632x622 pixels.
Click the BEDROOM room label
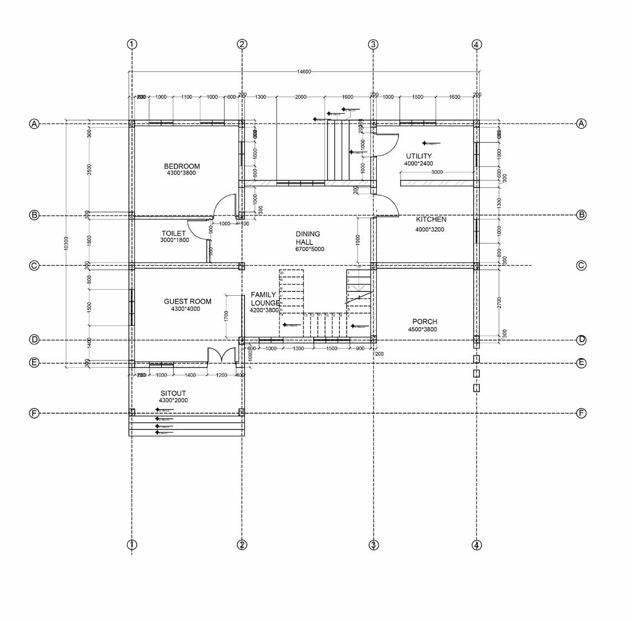click(x=182, y=166)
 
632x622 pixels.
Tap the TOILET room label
click(x=173, y=234)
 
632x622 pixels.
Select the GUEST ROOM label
click(x=187, y=302)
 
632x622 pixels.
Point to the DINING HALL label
click(x=308, y=238)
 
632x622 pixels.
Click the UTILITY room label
click(x=418, y=156)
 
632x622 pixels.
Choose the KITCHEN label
click(x=431, y=219)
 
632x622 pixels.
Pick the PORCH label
click(x=424, y=322)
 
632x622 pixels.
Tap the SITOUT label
click(x=173, y=393)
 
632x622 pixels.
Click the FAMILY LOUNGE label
click(x=265, y=299)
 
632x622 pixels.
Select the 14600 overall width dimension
click(x=304, y=71)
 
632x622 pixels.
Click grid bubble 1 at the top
click(x=132, y=44)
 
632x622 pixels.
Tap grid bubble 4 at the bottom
click(x=476, y=545)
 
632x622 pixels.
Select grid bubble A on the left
click(x=34, y=124)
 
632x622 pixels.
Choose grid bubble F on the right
click(x=581, y=413)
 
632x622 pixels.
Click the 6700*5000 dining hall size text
click(x=309, y=249)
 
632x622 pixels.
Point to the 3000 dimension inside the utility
click(x=437, y=172)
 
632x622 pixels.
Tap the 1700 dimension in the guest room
click(x=226, y=316)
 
